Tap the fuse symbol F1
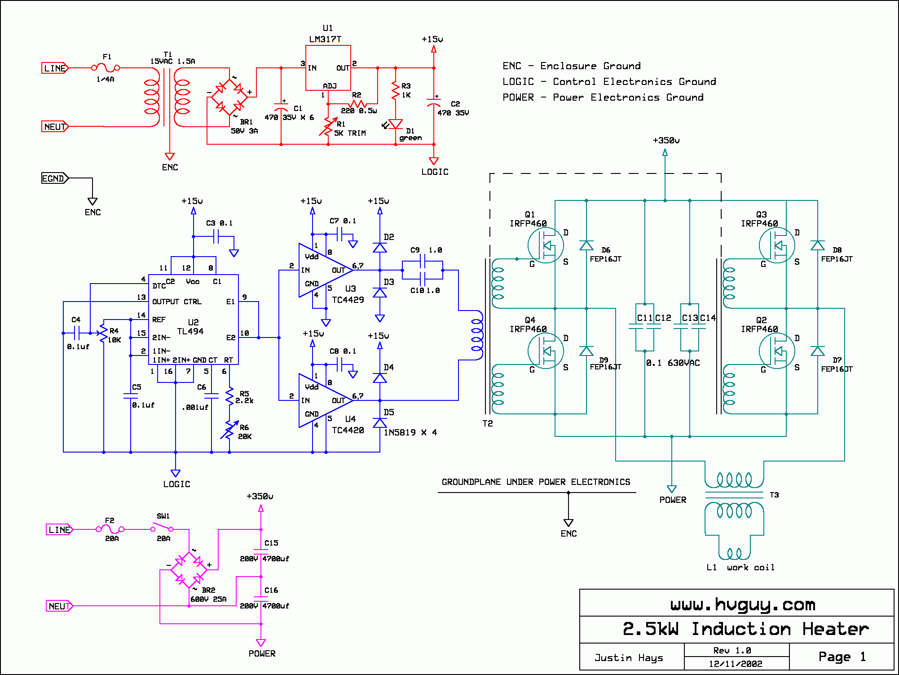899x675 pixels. tap(106, 68)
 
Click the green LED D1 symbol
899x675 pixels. tap(395, 124)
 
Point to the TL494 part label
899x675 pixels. tap(190, 331)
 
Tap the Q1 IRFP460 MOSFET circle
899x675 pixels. tap(546, 245)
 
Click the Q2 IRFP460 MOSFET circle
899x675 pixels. tap(777, 351)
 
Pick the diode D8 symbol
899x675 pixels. tap(817, 245)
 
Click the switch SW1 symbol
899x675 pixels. tap(163, 527)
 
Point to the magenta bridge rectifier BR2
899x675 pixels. tap(189, 570)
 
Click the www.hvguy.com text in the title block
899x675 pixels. tap(743, 605)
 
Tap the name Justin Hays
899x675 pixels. tap(629, 657)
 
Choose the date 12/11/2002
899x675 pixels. tap(736, 664)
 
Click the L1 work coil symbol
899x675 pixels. tap(734, 553)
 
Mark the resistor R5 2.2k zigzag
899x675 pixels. tap(229, 396)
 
